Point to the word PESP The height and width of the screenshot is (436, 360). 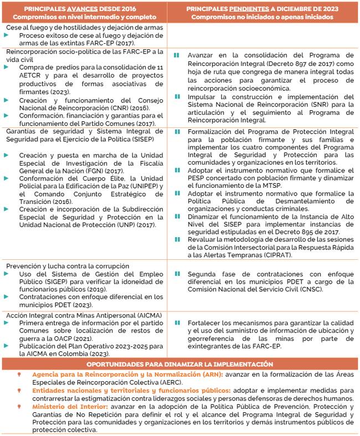pos(197,179)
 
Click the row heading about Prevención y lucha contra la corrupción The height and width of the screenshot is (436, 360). pos(68,266)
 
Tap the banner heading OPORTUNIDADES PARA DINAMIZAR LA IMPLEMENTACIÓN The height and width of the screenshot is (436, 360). pos(179,364)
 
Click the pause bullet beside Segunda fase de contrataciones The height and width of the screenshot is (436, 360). pos(177,274)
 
